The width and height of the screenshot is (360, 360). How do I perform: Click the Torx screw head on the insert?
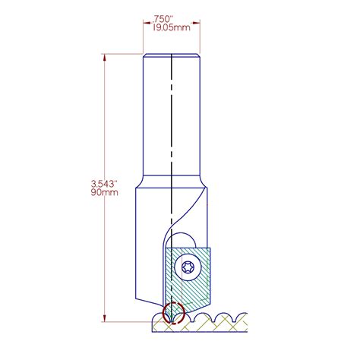click(x=188, y=268)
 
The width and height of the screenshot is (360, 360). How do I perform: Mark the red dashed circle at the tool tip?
click(x=172, y=313)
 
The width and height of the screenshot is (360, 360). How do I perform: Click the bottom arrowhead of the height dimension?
click(x=103, y=319)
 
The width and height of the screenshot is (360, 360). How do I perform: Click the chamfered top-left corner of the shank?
click(x=146, y=54)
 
